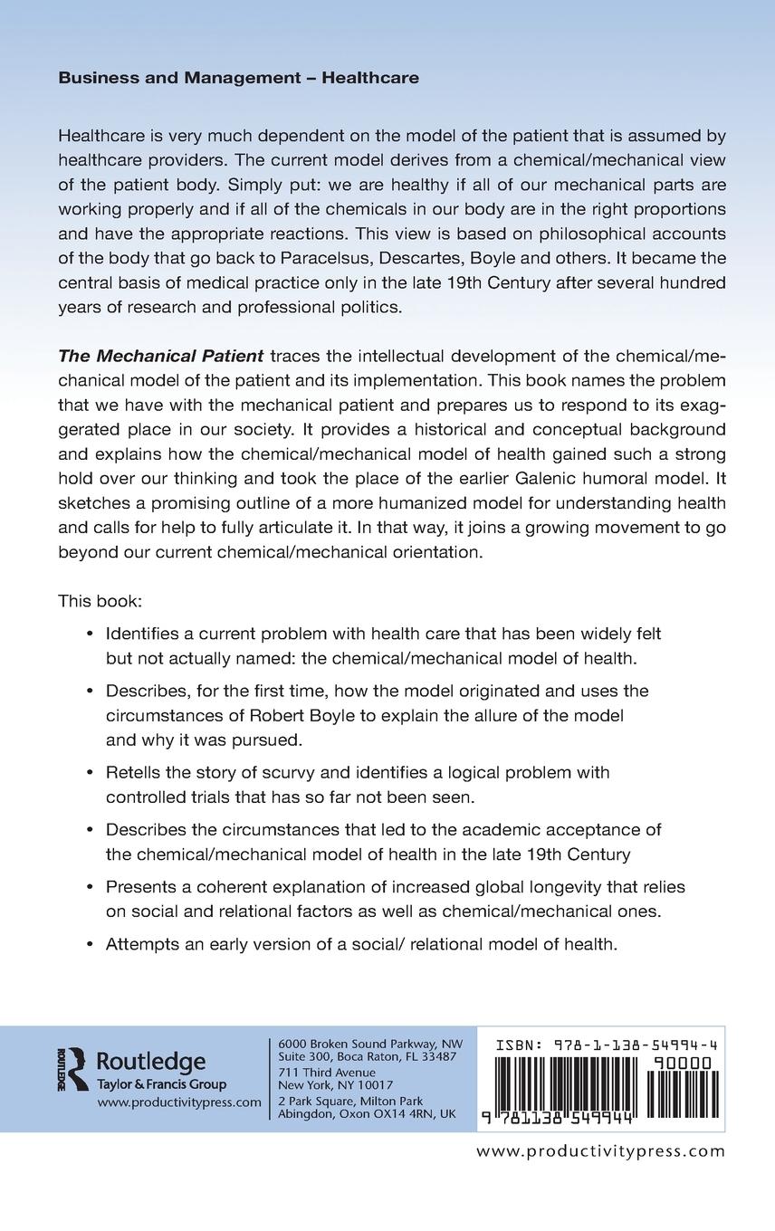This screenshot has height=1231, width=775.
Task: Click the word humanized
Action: tap(416, 502)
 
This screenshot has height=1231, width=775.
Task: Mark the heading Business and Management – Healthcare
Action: tap(238, 78)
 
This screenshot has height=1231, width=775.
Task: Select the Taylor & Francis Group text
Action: tap(162, 1084)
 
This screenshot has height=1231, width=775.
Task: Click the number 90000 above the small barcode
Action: tap(681, 1063)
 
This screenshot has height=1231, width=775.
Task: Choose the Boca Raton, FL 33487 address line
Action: tap(367, 1056)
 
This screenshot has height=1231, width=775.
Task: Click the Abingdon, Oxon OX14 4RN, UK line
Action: tap(367, 1114)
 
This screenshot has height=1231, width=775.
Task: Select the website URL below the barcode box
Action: tap(600, 1151)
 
